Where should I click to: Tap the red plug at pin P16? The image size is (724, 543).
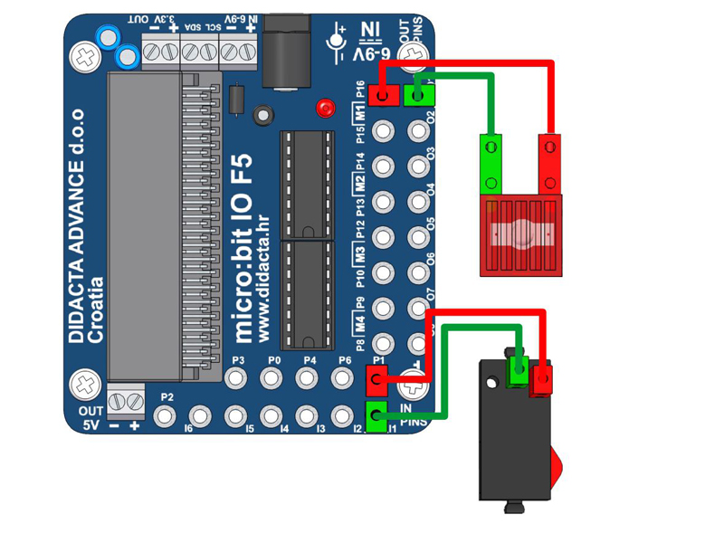pos(384,94)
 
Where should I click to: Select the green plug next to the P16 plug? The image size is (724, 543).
pos(419,92)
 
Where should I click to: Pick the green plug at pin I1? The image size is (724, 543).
pos(376,415)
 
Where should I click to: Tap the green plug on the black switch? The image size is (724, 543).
pos(519,369)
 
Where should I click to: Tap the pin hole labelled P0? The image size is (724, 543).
pos(274,377)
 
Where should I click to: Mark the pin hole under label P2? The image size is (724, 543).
pos(166,415)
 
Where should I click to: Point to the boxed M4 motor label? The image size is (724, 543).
pos(359,321)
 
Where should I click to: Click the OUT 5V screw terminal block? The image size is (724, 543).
pos(126,399)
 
